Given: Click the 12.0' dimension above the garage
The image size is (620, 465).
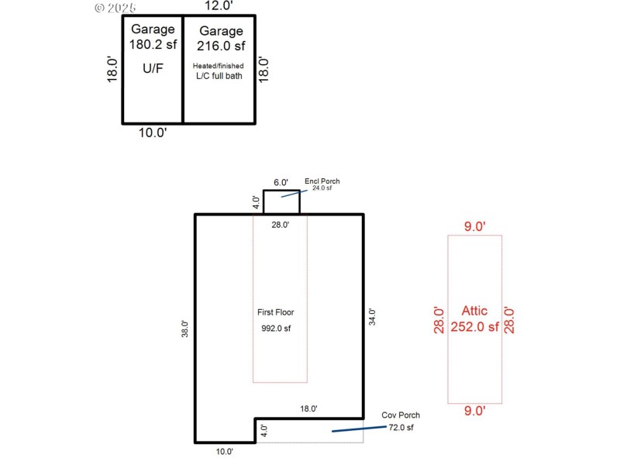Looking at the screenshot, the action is (x=219, y=6).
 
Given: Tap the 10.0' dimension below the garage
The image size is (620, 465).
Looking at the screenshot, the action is (x=153, y=132).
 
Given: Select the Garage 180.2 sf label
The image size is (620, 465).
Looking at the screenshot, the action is (x=152, y=37).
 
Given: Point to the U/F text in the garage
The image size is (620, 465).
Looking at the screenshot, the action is (x=152, y=68).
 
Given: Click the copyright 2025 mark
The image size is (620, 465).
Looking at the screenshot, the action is (x=115, y=8).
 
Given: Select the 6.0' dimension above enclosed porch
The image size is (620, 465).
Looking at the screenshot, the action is (x=281, y=183).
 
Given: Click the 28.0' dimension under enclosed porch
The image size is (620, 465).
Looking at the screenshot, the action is (x=280, y=225).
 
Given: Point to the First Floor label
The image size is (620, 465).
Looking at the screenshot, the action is (x=275, y=312).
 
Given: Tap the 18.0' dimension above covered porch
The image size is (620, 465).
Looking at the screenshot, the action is (x=308, y=408).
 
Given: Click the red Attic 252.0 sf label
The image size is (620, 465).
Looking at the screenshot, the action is (x=474, y=319).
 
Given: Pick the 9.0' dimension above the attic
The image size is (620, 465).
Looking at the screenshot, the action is (x=474, y=226).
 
